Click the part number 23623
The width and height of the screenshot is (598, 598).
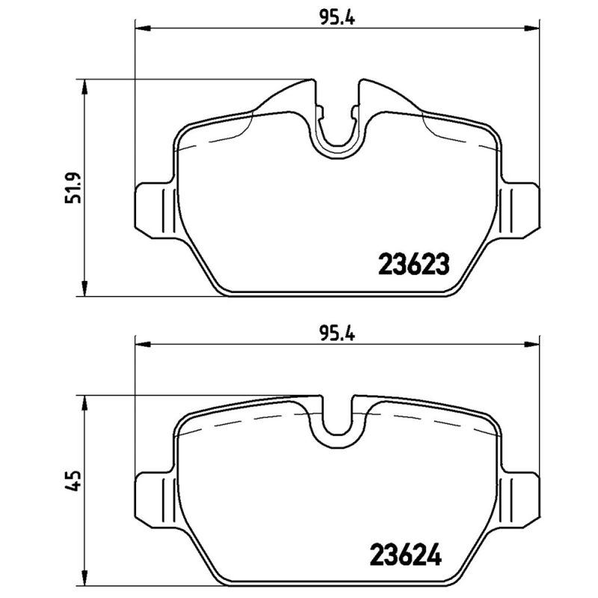point(414,264)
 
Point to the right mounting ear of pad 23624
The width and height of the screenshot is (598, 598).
point(521,496)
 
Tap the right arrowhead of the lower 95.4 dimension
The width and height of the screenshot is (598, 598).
point(534,345)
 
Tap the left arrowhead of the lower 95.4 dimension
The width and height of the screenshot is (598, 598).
point(142,345)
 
